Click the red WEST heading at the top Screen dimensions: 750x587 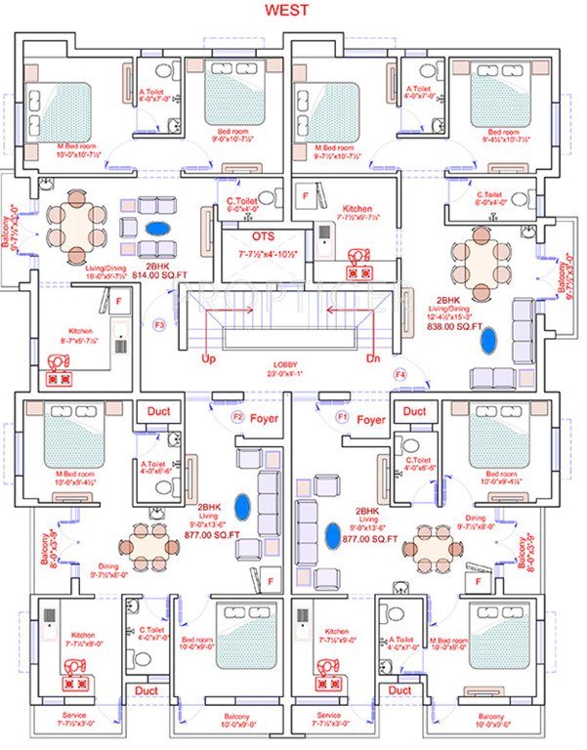tap(292, 12)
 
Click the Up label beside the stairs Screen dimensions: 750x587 tap(209, 360)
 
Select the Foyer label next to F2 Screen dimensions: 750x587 tap(265, 419)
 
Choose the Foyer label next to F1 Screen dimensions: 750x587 tap(370, 419)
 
